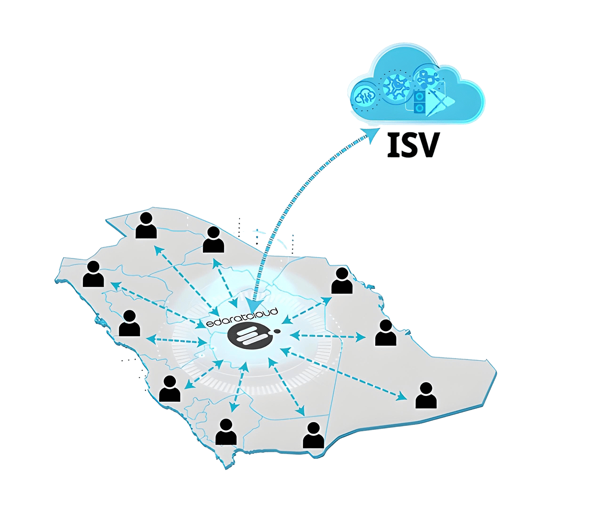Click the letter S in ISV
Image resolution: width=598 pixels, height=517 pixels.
(410, 145)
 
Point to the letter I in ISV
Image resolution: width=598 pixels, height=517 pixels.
(392, 145)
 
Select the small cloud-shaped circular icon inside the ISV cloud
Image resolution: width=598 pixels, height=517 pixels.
(365, 95)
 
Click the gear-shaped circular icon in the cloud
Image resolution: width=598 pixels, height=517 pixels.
(396, 86)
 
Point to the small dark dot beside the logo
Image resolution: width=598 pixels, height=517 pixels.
(277, 331)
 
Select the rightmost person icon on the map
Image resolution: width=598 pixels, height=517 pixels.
(426, 396)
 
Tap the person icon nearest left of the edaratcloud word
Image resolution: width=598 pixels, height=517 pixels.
(129, 323)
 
